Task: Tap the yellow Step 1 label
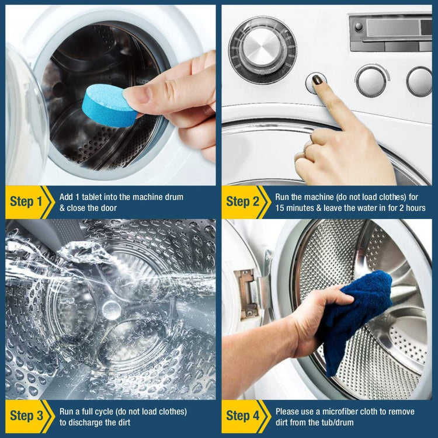click(x=26, y=202)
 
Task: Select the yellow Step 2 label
click(x=242, y=202)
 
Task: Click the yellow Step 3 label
click(x=26, y=416)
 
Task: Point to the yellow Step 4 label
click(x=242, y=416)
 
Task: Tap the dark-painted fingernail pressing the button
click(x=318, y=79)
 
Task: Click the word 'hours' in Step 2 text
click(x=413, y=208)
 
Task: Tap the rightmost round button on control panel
click(x=419, y=81)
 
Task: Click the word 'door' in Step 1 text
click(x=106, y=208)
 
